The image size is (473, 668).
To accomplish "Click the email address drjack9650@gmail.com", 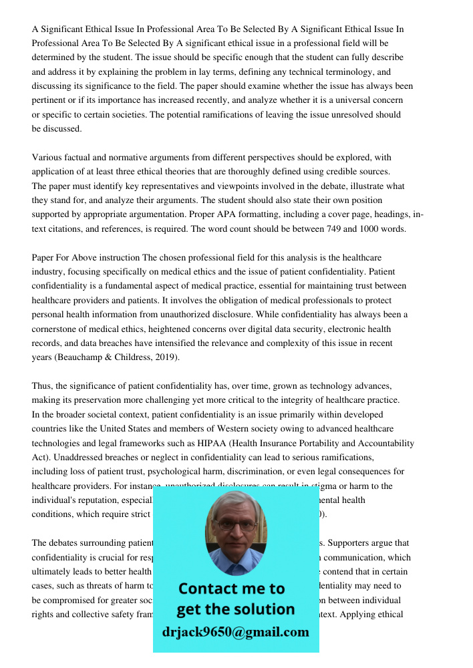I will pyautogui.click(x=236, y=632).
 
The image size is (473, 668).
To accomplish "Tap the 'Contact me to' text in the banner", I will pyautogui.click(x=231, y=589).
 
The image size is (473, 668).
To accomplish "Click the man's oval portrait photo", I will pyautogui.click(x=236, y=533).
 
